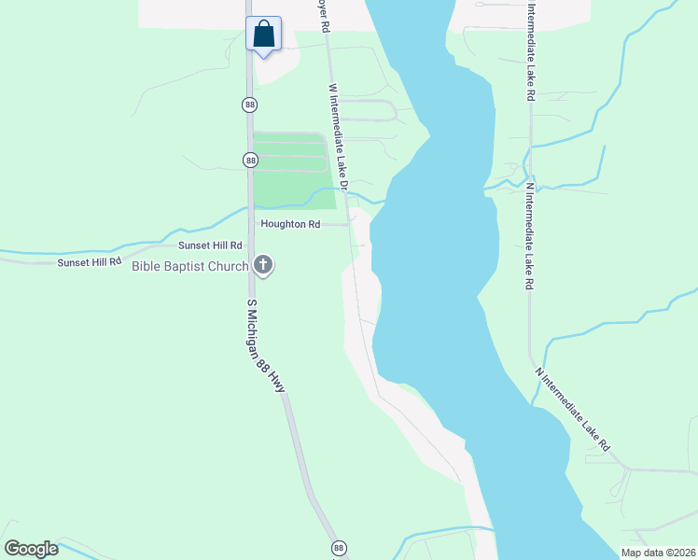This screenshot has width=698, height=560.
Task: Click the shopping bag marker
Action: tap(264, 35)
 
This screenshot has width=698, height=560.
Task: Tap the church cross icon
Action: tap(264, 266)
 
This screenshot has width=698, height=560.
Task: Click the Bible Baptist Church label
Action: tap(190, 266)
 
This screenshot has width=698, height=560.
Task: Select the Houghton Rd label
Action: tap(290, 224)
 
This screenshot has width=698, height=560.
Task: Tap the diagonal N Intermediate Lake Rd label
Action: tap(573, 409)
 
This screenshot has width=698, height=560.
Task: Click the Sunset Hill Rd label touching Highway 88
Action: tap(210, 245)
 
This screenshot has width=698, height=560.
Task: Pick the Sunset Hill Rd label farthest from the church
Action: tap(90, 262)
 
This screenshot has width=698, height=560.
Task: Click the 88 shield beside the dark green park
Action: tap(250, 161)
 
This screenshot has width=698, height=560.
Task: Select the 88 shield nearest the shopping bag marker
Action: tap(249, 105)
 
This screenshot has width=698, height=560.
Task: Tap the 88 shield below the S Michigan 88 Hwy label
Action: tap(338, 548)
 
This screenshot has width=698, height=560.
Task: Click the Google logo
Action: tap(32, 549)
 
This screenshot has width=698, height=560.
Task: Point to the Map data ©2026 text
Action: tap(658, 552)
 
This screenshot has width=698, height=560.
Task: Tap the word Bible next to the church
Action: tap(147, 266)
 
